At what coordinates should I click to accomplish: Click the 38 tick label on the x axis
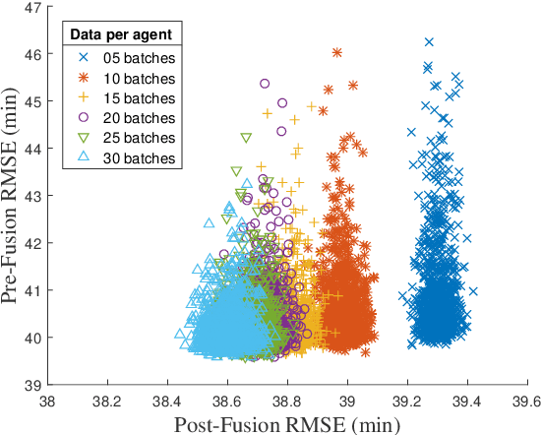(47, 401)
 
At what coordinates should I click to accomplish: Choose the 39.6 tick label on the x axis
(526, 401)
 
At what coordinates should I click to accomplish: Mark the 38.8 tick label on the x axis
(287, 401)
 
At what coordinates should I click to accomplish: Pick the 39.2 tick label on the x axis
(406, 401)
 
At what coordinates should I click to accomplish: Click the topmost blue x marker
(429, 42)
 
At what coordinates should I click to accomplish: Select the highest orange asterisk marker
(337, 52)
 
